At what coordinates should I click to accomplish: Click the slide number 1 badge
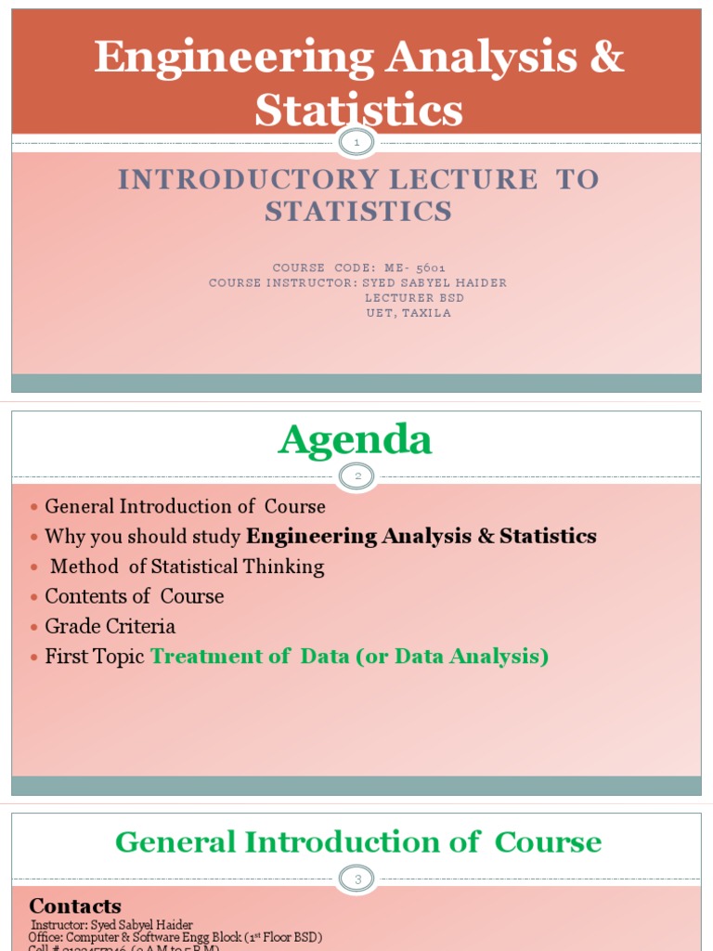pos(357,143)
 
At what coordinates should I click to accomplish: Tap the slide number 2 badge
pos(357,476)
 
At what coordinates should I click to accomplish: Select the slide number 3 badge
pos(357,879)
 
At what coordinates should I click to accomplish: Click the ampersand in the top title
pos(606,59)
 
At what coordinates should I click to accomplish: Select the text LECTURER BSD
pos(414,297)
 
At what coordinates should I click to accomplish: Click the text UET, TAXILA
pos(408,313)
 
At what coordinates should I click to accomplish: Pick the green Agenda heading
pos(356,439)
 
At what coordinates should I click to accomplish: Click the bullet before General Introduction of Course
pos(33,507)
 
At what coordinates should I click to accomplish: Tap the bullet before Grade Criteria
pos(33,627)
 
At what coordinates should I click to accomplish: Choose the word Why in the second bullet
pos(64,537)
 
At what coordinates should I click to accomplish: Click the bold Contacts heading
pos(75,905)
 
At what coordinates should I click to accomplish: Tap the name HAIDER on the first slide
pos(484,282)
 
